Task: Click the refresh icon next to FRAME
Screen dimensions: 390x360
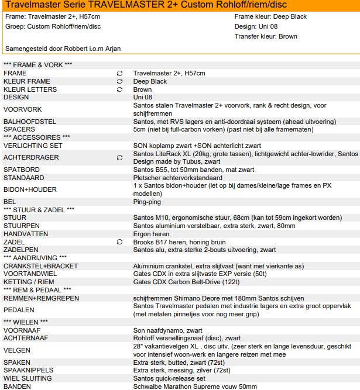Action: [x=120, y=73]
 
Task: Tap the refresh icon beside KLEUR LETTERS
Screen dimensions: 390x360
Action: [x=120, y=89]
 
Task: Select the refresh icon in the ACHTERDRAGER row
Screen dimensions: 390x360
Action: [x=120, y=158]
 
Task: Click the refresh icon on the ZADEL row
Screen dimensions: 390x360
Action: [x=120, y=241]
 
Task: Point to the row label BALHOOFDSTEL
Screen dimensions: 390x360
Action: [x=30, y=121]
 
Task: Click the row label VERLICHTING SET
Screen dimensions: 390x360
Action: [x=33, y=145]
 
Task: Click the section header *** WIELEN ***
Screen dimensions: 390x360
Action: [x=26, y=322]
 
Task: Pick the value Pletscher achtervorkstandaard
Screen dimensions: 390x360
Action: [x=178, y=177]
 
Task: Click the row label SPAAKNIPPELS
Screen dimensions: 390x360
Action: [x=29, y=370]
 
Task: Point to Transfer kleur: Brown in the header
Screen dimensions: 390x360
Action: [x=265, y=36]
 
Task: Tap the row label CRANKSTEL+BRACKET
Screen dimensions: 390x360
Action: [x=40, y=265]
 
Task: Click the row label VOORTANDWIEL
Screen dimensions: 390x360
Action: [x=30, y=273]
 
